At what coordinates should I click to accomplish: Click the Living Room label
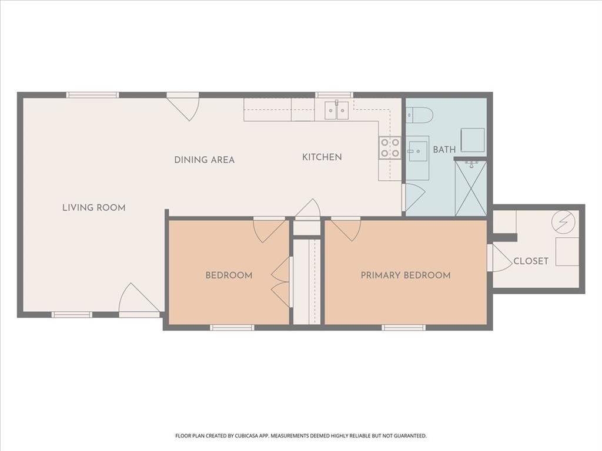pyautogui.click(x=93, y=207)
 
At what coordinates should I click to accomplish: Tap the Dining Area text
pyautogui.click(x=204, y=160)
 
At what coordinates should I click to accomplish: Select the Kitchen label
pyautogui.click(x=322, y=157)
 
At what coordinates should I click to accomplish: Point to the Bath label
pyautogui.click(x=444, y=149)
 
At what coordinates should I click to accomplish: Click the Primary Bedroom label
pyautogui.click(x=406, y=275)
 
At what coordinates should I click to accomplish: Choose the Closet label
pyautogui.click(x=530, y=261)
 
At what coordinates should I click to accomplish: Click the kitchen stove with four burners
pyautogui.click(x=390, y=147)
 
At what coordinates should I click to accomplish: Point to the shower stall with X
pyautogui.click(x=470, y=188)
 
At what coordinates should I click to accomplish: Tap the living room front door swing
pyautogui.click(x=136, y=299)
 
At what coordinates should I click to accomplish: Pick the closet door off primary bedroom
pyautogui.click(x=499, y=258)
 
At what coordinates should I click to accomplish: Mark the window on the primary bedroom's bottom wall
pyautogui.click(x=403, y=327)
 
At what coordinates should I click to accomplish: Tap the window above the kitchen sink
pyautogui.click(x=334, y=95)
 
